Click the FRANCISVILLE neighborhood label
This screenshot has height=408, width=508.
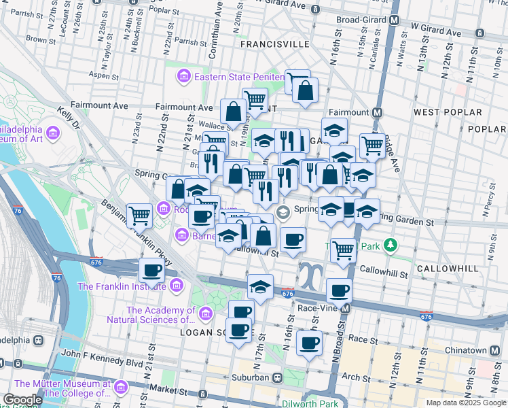(274, 44)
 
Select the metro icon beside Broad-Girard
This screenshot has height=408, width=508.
(394, 20)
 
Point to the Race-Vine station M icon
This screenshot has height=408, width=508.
(346, 309)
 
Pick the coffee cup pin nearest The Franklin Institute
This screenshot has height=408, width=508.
(151, 270)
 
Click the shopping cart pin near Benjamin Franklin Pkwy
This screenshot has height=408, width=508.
(139, 215)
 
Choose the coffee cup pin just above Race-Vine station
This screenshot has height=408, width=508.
(339, 290)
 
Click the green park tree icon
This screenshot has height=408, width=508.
(391, 244)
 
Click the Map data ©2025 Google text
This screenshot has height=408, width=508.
(465, 403)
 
